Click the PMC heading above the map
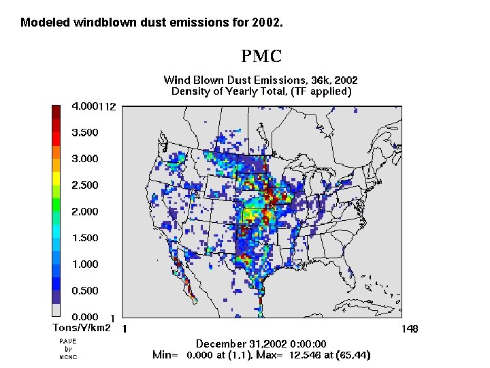pyautogui.click(x=261, y=56)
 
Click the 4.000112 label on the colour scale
pyautogui.click(x=94, y=106)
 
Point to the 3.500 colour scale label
pyautogui.click(x=85, y=132)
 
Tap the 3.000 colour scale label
pyautogui.click(x=85, y=159)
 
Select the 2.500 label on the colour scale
pyautogui.click(x=85, y=185)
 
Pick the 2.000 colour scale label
pyautogui.click(x=85, y=212)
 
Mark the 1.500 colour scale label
pyautogui.click(x=85, y=238)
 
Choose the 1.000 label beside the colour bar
pyautogui.click(x=85, y=264)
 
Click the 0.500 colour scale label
pyautogui.click(x=85, y=291)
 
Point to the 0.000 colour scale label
pyautogui.click(x=85, y=317)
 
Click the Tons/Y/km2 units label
pyautogui.click(x=82, y=328)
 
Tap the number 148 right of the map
pyautogui.click(x=410, y=329)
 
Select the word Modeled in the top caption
pyautogui.click(x=42, y=22)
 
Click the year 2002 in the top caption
pyautogui.click(x=266, y=22)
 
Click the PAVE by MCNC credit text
pyautogui.click(x=68, y=349)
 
